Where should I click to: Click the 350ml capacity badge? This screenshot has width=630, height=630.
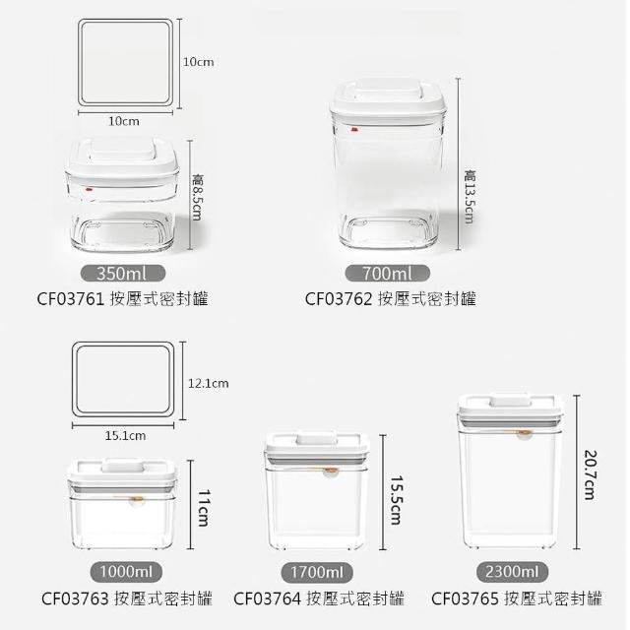123,274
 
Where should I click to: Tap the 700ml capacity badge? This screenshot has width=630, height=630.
387,274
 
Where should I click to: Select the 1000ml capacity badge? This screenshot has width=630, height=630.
126,571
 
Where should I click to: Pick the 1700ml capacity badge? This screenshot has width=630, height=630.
317,572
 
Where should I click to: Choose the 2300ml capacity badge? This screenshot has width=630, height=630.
512,571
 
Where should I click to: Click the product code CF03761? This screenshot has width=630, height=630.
71,299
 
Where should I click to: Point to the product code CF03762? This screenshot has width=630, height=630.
339,299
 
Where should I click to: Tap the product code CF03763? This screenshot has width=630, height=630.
75,598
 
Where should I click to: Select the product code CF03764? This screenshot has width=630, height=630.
267,598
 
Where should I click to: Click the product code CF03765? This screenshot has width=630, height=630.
465,598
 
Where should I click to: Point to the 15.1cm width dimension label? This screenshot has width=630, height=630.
125,435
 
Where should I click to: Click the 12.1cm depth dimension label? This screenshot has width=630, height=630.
208,383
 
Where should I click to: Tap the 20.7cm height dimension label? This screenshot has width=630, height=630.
590,474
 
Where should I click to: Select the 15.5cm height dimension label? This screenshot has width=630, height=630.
396,501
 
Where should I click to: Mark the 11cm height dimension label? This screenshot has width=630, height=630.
204,508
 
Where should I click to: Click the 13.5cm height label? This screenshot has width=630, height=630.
470,197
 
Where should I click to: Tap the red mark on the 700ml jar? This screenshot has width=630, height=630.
354,129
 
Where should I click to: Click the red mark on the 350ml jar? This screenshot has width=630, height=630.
89,187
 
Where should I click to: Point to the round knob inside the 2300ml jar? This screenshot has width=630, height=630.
524,435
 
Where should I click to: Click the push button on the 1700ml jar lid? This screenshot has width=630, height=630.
316,438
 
